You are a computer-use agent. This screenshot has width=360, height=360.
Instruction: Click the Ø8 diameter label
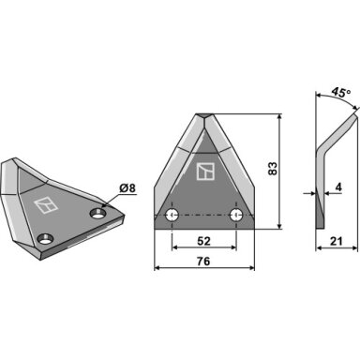tap(127, 188)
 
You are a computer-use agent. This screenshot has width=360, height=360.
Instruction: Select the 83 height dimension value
tap(273, 169)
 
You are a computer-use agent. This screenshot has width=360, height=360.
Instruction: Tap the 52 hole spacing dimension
tap(203, 241)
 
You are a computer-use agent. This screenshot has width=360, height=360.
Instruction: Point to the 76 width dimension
tap(203, 262)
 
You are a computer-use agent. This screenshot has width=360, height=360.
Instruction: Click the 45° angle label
tap(340, 93)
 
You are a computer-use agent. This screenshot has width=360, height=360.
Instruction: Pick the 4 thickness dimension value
tap(338, 187)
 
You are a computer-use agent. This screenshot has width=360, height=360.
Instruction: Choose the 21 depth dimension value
tap(336, 241)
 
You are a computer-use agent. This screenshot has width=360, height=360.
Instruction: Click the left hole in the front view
tap(172, 215)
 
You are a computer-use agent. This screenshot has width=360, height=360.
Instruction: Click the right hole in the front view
tap(236, 215)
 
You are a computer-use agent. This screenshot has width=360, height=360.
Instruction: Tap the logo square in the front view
tap(205, 172)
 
